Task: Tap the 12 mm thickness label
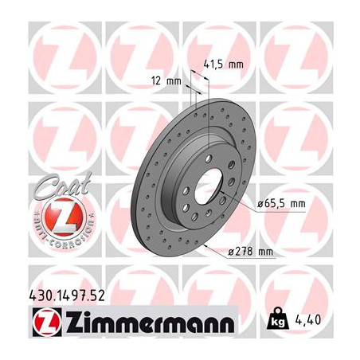pyautogui.click(x=166, y=80)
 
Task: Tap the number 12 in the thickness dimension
pyautogui.click(x=156, y=80)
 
